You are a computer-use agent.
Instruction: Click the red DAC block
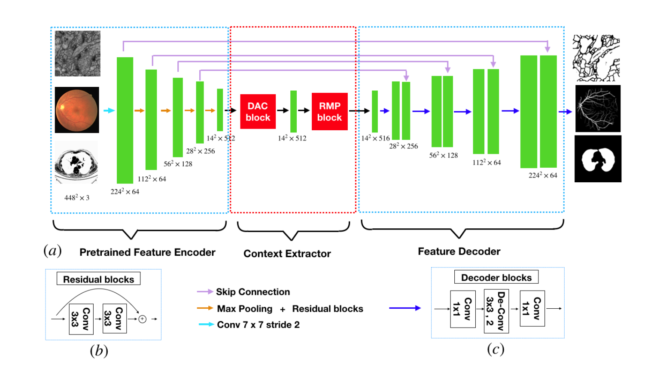point(258,111)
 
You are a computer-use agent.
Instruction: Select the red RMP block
point(329,111)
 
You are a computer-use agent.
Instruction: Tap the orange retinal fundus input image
point(77,110)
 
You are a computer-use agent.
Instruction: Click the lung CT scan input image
point(76,163)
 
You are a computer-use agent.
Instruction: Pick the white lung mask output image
point(598,159)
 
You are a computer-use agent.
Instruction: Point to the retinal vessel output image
point(598,108)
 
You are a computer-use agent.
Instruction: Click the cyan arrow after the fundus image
point(109,110)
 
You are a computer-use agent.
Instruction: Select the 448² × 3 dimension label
point(77,198)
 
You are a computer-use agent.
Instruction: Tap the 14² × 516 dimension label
point(375,138)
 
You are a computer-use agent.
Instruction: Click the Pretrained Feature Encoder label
point(147,252)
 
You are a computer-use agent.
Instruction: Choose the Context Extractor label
point(287,254)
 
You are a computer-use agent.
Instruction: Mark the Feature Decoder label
point(459,252)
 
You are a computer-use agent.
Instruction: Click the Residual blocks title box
point(98,279)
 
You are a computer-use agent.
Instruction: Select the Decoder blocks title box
point(496,277)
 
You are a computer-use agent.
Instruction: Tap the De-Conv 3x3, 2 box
point(496,311)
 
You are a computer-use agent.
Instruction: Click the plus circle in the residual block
point(143,319)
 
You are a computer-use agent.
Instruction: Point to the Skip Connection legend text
point(252,292)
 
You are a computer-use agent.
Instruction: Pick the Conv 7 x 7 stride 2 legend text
point(258,325)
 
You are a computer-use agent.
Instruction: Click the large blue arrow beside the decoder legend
point(404,308)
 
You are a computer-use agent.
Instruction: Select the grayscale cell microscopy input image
point(78,53)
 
